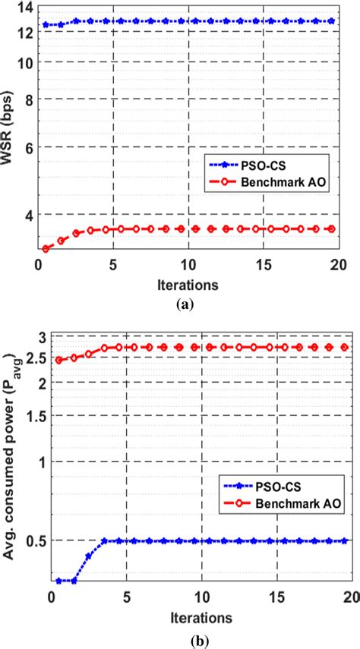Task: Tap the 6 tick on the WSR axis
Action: point(28,147)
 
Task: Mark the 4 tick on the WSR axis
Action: point(28,215)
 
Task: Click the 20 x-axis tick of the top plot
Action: point(337,266)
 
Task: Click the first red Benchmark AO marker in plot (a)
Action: point(46,248)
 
